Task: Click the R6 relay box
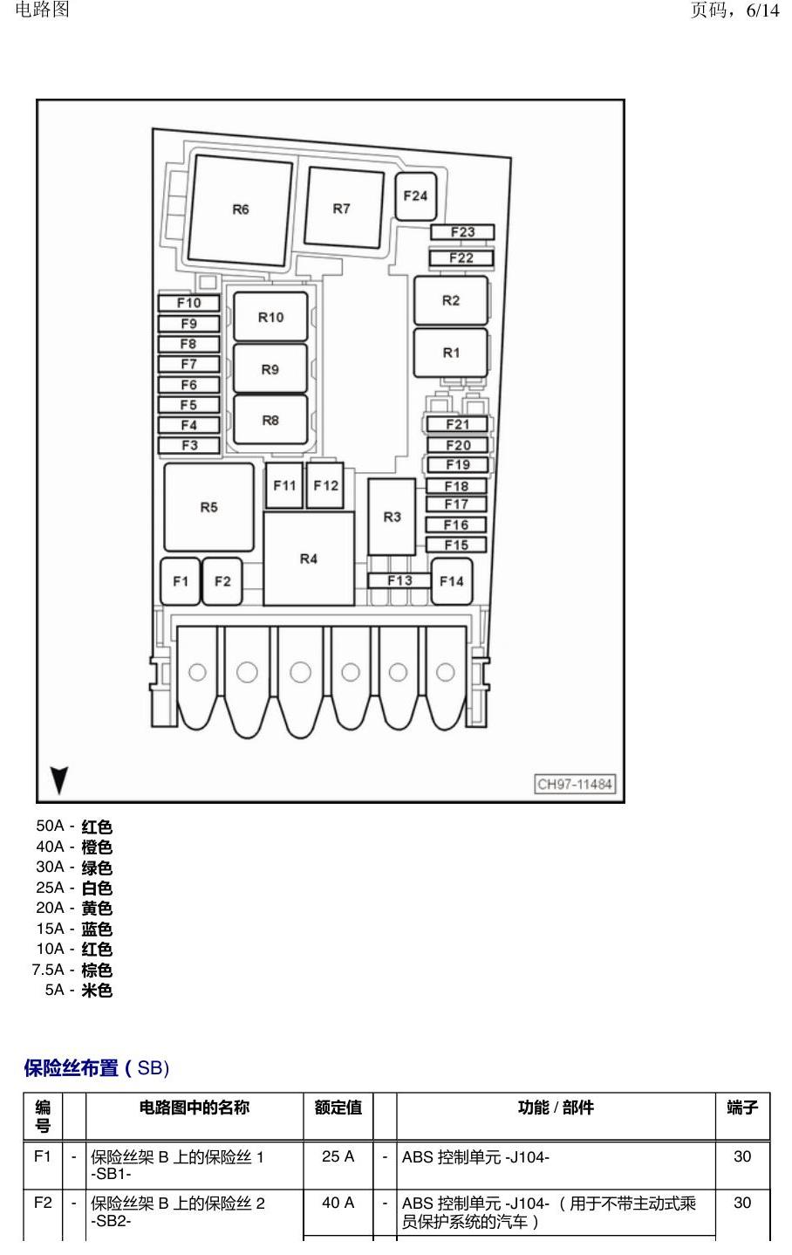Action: pos(240,210)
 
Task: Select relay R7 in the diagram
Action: pos(344,208)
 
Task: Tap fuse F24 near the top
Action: pos(415,196)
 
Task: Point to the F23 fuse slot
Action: pos(462,232)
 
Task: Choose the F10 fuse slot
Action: pos(188,303)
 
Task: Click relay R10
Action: pos(270,317)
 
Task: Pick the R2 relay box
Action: pos(451,301)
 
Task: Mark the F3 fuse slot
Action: pos(188,445)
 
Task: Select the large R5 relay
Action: pos(209,507)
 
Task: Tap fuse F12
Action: pos(325,485)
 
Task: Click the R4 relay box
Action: pos(309,559)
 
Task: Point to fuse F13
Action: pos(399,580)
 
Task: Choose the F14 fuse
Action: pos(452,581)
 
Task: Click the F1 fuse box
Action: pos(181,581)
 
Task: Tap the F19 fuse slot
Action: pos(458,465)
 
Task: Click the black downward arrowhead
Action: pos(58,780)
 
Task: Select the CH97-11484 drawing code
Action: pos(575,784)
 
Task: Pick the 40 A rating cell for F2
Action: pos(338,1203)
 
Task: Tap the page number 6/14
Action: pos(762,10)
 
